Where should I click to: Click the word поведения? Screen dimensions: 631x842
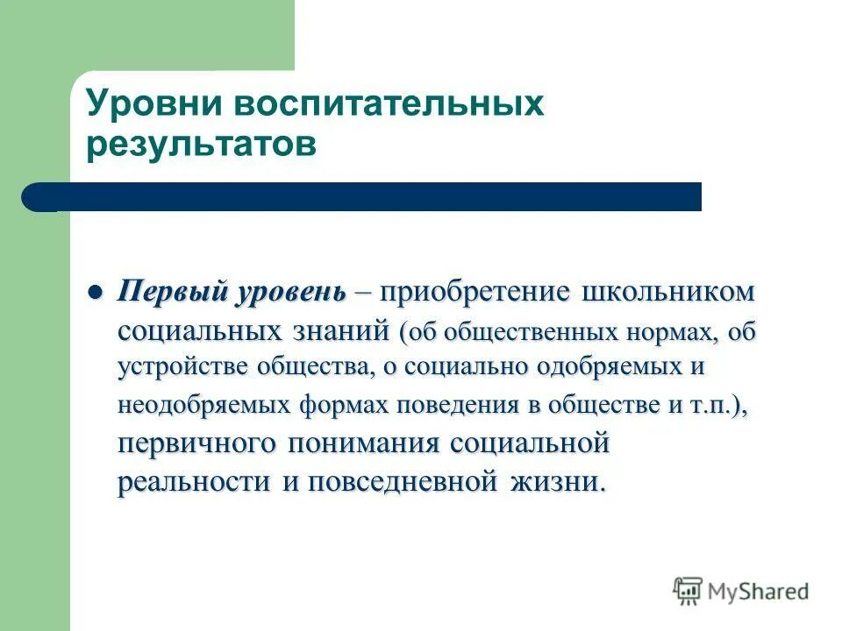coord(470,407)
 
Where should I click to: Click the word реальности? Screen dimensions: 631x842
coord(194,482)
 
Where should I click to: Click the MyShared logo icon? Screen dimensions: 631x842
coord(689,590)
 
